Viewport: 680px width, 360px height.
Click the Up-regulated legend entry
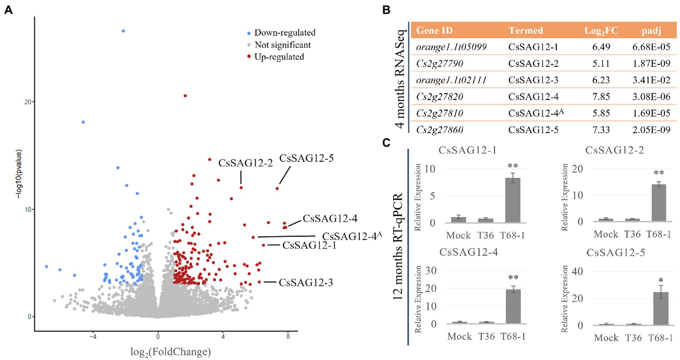[279, 57]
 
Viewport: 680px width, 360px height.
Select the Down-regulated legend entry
[284, 33]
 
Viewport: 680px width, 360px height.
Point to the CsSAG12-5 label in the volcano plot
[306, 158]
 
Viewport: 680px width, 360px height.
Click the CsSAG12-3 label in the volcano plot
[306, 283]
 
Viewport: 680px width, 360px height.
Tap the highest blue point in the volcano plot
[123, 31]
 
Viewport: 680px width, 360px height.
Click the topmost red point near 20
[185, 96]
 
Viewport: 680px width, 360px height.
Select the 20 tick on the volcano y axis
[27, 102]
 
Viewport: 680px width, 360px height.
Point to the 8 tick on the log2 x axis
[288, 337]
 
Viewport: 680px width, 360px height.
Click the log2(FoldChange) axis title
[171, 352]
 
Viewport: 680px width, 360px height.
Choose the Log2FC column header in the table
[601, 31]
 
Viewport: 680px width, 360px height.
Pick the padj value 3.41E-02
[651, 80]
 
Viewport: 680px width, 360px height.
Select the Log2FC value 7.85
[601, 97]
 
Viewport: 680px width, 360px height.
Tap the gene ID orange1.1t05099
[451, 47]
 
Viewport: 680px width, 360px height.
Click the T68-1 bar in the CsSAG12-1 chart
[513, 200]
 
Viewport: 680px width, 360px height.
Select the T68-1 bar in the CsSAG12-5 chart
[661, 309]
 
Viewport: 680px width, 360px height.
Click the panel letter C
[386, 143]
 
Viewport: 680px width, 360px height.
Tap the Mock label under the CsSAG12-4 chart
[459, 337]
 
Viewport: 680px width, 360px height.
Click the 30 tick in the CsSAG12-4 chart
[431, 271]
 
